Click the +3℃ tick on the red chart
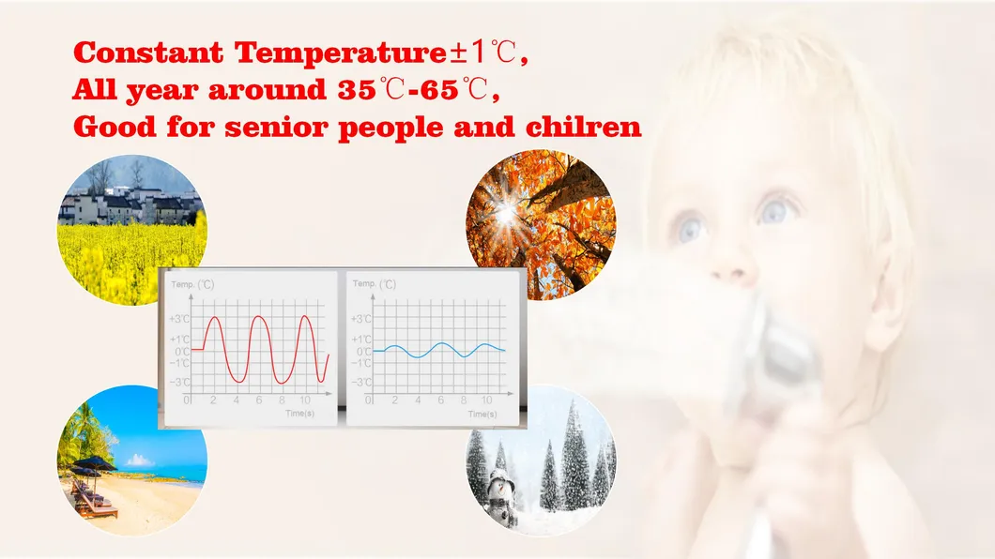[178, 319]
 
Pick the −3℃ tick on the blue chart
[361, 382]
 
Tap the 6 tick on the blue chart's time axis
[440, 400]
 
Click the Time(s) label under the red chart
[300, 413]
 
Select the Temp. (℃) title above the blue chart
[375, 283]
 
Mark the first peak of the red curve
[214, 318]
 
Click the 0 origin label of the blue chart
[368, 400]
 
